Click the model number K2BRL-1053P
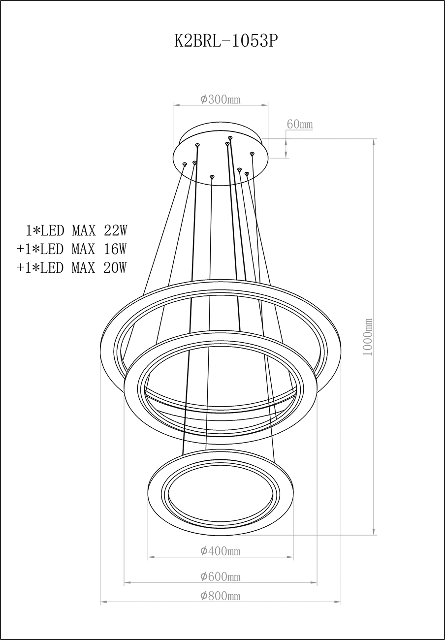(226, 41)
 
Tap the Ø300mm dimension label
(220, 99)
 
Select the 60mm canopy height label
(300, 125)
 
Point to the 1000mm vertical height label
(368, 338)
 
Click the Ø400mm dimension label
(220, 551)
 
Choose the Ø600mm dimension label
(220, 576)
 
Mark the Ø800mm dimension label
(220, 596)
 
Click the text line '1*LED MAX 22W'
(76, 230)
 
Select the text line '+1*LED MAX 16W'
(72, 249)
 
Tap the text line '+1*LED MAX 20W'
(72, 268)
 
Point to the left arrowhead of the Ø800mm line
(102, 602)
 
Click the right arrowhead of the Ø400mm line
(291, 557)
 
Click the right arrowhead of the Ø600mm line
(315, 583)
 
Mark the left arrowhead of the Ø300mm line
(175, 105)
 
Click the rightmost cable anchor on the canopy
(252, 154)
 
